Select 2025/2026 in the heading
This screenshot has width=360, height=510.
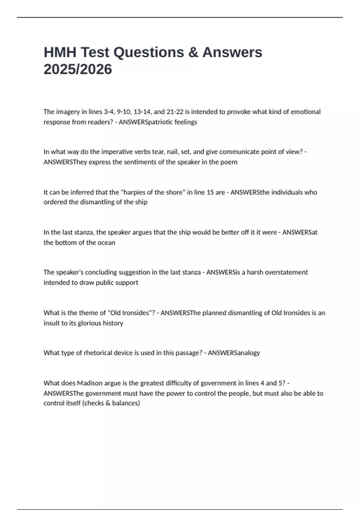tap(78, 69)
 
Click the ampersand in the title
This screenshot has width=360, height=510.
tap(193, 52)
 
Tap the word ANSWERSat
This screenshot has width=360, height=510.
tap(300, 232)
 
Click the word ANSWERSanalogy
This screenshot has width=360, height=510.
tap(234, 353)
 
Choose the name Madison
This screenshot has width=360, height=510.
tap(89, 383)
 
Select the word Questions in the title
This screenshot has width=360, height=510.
tap(148, 52)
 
